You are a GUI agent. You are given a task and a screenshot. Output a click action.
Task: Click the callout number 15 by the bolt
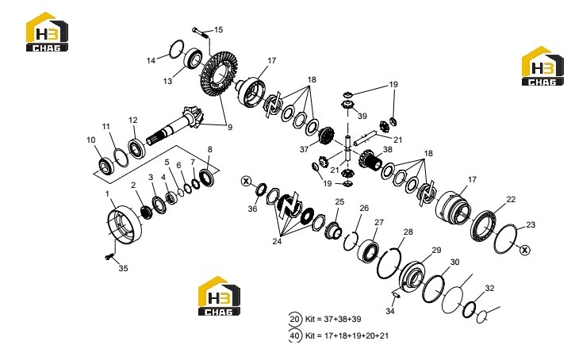[x=219, y=29]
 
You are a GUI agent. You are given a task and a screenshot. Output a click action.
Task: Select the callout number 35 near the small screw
[x=123, y=268]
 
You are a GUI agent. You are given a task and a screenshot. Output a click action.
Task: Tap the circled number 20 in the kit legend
[x=295, y=320]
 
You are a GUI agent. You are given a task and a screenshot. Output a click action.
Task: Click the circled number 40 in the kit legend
[x=295, y=335]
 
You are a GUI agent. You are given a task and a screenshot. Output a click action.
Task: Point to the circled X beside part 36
[x=246, y=181]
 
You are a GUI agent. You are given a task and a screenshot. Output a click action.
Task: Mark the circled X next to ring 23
[x=525, y=250]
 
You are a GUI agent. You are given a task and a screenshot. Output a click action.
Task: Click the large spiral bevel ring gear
[x=219, y=75]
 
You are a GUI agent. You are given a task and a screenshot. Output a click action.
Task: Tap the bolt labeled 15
[x=200, y=33]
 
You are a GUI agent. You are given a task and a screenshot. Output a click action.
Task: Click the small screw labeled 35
[x=108, y=258]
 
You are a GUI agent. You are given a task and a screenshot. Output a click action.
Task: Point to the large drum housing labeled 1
[x=124, y=224]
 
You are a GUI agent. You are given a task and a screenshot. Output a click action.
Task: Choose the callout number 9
[x=230, y=128]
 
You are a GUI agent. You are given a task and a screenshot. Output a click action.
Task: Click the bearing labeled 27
[x=370, y=251]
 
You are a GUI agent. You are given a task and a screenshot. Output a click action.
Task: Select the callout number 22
[x=511, y=200]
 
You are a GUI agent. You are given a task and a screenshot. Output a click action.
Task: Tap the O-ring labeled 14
[x=176, y=48]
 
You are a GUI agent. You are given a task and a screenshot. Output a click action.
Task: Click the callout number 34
[x=390, y=312]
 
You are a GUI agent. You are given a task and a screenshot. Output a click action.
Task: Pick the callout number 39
[x=362, y=117]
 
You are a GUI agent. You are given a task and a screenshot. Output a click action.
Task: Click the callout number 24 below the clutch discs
[x=277, y=242]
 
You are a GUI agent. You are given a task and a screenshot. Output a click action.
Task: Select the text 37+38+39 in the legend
[x=343, y=320]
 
